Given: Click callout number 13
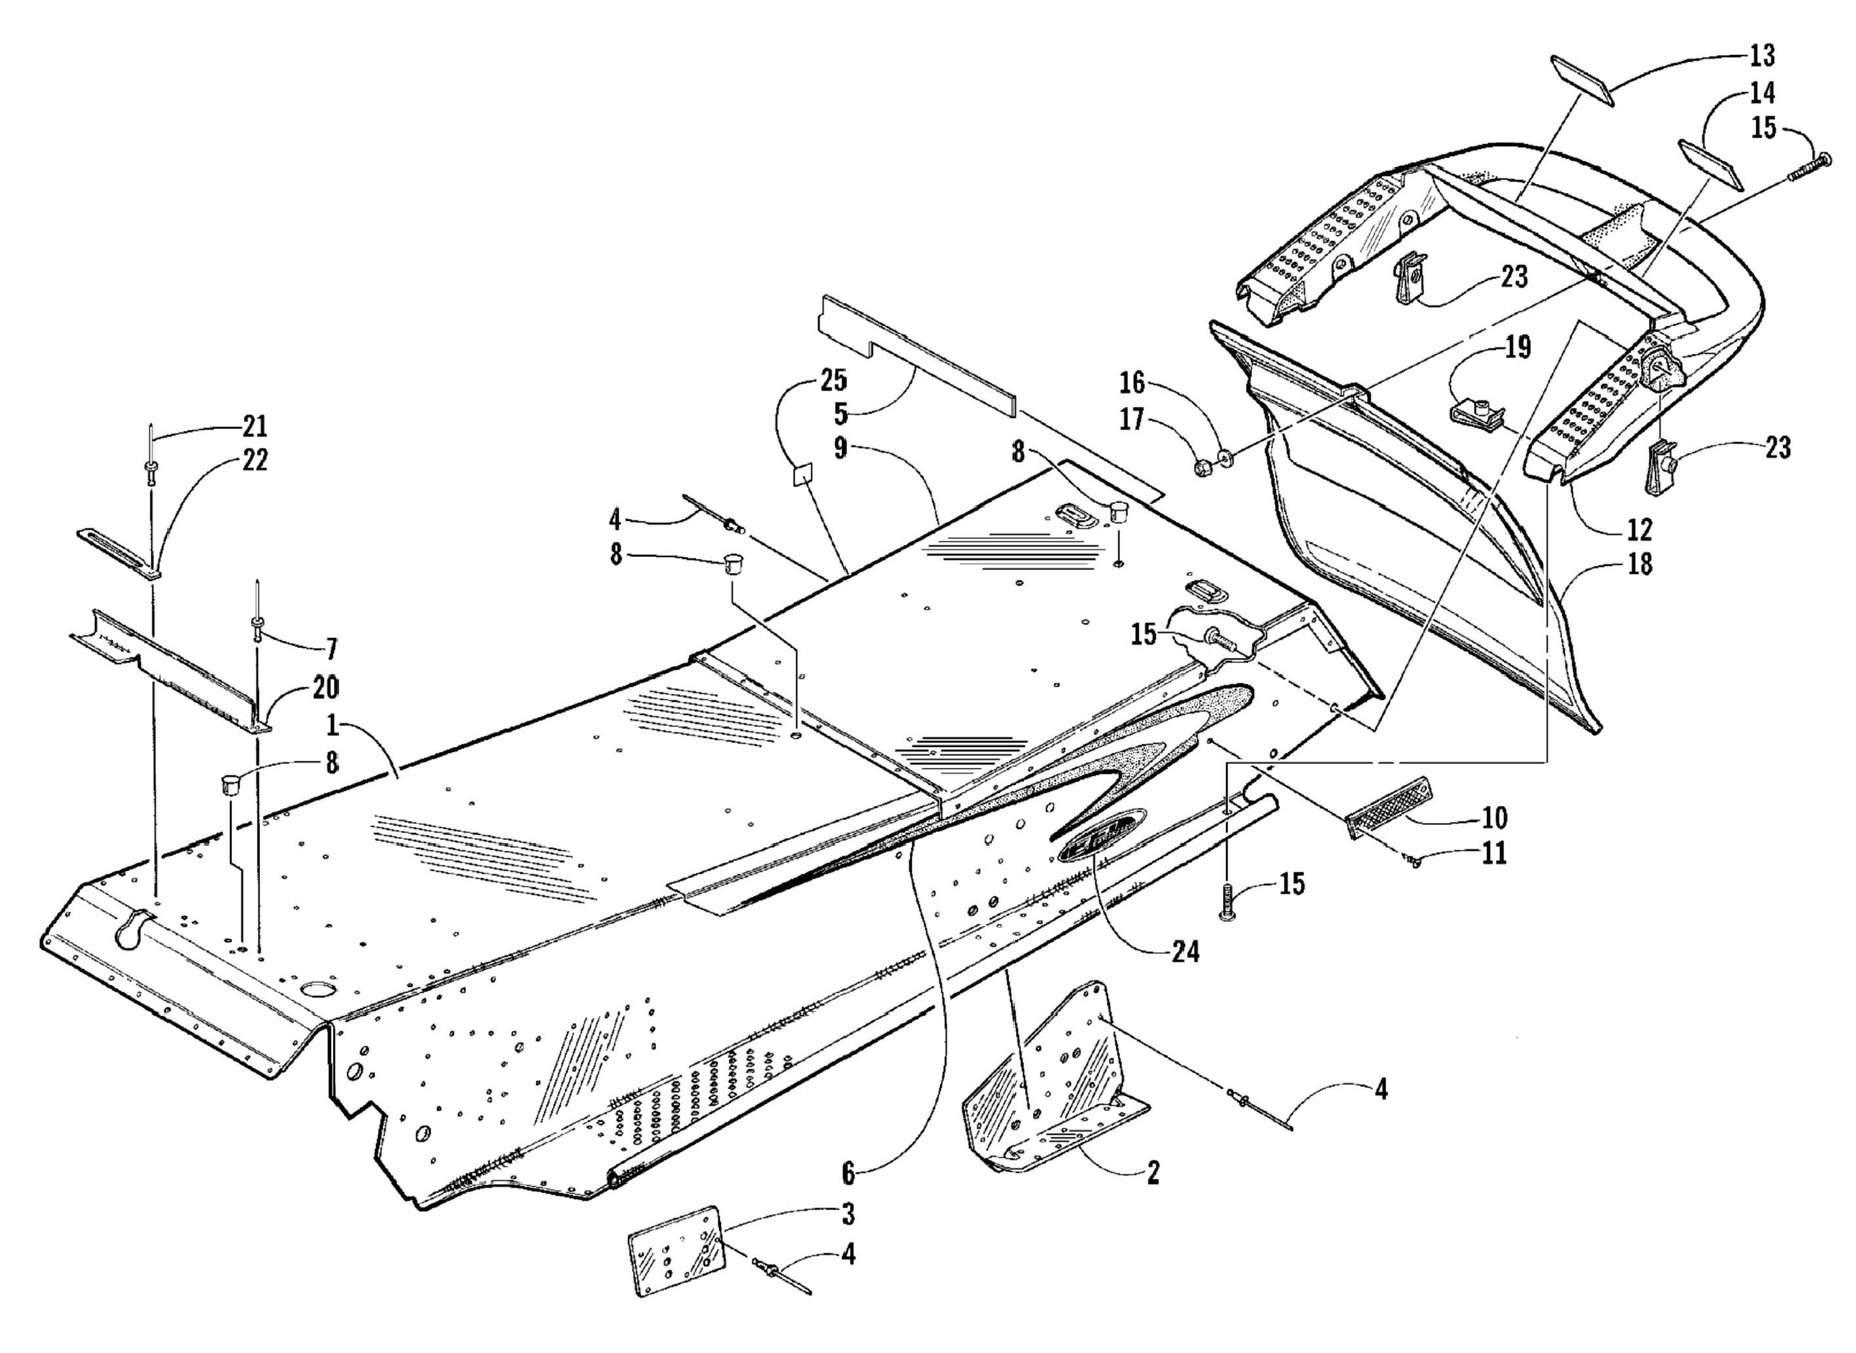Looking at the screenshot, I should [x=1762, y=56].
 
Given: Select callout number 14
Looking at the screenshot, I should [x=1762, y=93].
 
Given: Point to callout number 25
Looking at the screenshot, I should [x=834, y=381].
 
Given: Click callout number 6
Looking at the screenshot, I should [x=848, y=1173].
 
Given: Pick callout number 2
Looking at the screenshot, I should [x=1152, y=1173].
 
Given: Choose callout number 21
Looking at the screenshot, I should [x=255, y=426].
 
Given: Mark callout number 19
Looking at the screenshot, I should [x=1518, y=347].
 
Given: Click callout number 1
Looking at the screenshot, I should [x=332, y=726].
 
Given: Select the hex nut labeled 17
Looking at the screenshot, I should [x=1203, y=469].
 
